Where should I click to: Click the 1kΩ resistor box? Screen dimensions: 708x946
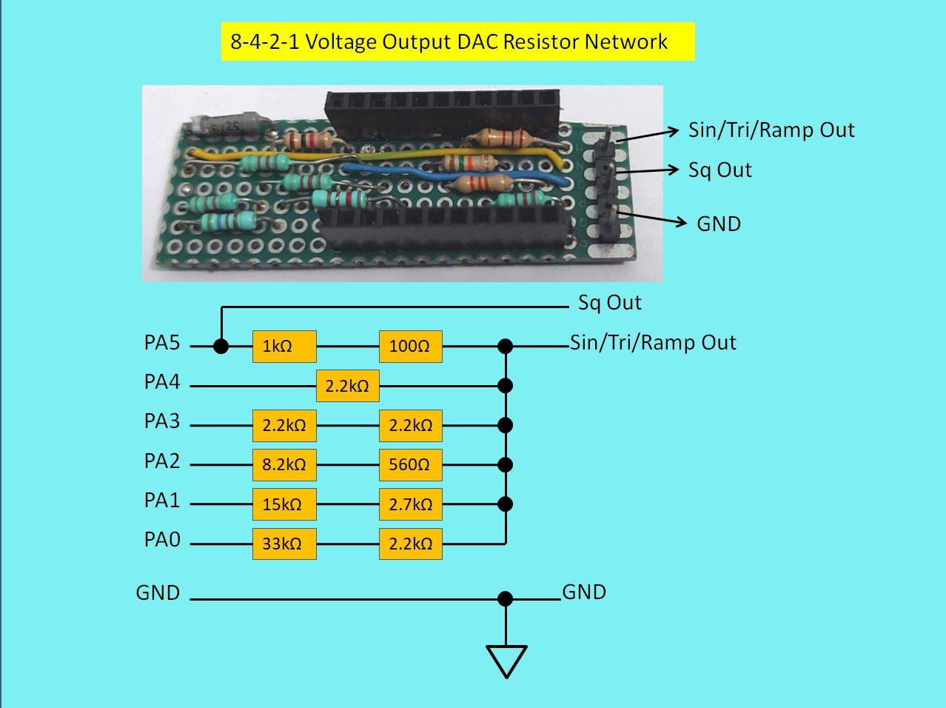coord(284,346)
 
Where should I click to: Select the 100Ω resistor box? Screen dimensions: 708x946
coord(410,346)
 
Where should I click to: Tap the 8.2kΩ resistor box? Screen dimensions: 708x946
coord(284,465)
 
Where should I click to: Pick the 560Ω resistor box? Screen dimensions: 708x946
coord(410,465)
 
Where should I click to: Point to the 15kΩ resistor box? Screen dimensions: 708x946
coord(284,504)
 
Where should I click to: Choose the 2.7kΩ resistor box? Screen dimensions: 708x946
coord(410,504)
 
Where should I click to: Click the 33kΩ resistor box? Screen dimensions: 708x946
coord(284,544)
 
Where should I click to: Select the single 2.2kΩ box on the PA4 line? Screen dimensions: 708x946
coord(347,386)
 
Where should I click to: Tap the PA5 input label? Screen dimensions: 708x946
coord(162,344)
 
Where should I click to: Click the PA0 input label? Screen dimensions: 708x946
coord(162,540)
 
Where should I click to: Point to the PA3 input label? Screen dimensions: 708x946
coord(162,421)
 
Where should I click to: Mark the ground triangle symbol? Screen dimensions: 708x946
coord(506,660)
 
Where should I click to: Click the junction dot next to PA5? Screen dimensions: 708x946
coord(221,346)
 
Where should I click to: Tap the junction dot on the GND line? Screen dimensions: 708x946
coord(506,598)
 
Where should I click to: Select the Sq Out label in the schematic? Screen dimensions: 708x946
coord(609,303)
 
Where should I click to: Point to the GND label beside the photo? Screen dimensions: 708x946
coord(718,224)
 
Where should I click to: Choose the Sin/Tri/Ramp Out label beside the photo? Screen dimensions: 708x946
coord(771,130)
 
